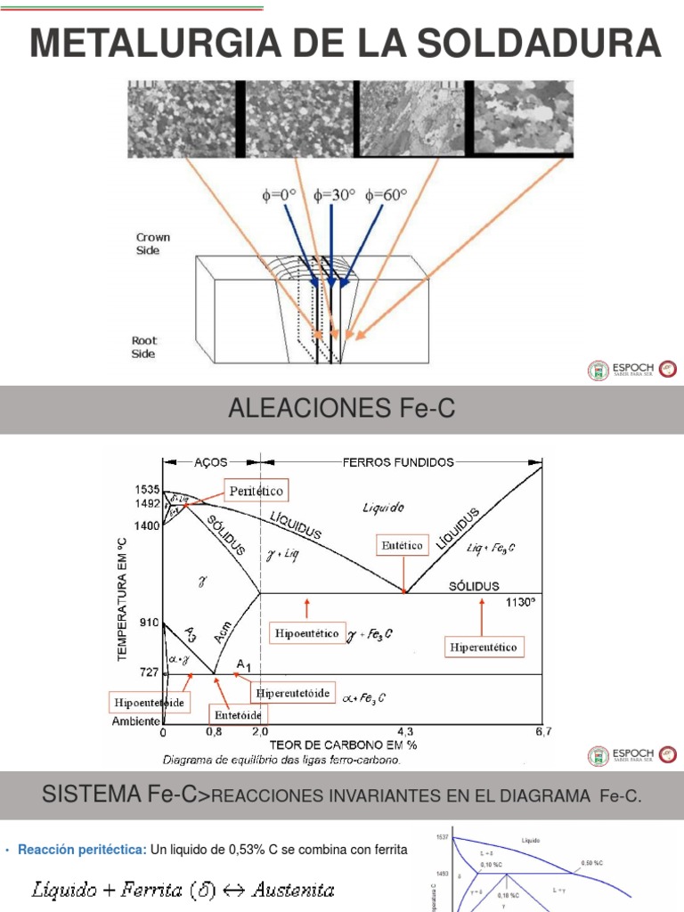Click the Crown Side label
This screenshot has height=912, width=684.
click(152, 244)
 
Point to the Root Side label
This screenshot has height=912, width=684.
click(143, 347)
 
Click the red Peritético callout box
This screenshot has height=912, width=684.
click(255, 491)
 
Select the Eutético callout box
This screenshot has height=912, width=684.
click(403, 543)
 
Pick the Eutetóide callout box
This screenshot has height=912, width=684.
click(239, 714)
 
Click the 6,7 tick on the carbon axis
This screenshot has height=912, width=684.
click(542, 732)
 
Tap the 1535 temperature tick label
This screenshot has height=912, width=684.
click(147, 490)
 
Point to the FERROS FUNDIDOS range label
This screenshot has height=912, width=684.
click(399, 462)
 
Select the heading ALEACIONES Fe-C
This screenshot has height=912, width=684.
click(341, 409)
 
